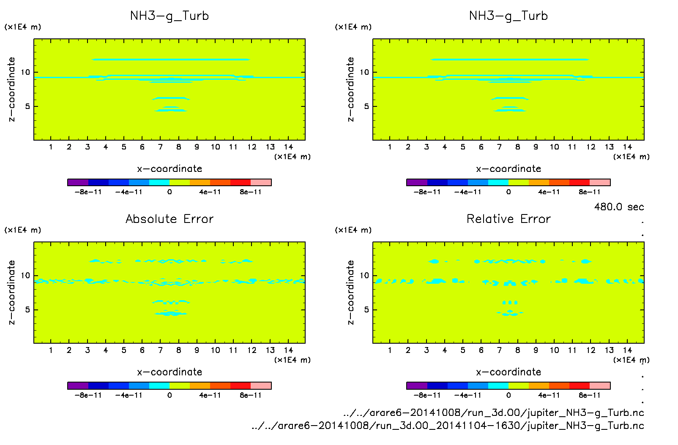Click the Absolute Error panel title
(x=169, y=219)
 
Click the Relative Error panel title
(x=508, y=219)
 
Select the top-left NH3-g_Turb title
(x=169, y=16)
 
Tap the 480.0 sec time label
(x=619, y=207)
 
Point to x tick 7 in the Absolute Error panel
(x=160, y=350)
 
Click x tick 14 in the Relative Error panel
(x=627, y=350)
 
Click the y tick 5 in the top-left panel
(x=27, y=106)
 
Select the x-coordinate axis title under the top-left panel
(x=169, y=169)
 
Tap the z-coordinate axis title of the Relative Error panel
(x=350, y=292)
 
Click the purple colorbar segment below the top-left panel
(x=78, y=182)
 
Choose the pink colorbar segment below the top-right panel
(x=600, y=182)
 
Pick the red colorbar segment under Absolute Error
(x=241, y=385)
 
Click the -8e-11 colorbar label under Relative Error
(x=427, y=395)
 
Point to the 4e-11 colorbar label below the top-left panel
(x=210, y=192)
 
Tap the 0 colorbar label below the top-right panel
(x=508, y=192)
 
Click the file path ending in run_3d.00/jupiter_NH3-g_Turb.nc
(x=494, y=412)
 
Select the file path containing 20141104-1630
(x=448, y=426)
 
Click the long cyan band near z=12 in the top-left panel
(x=171, y=60)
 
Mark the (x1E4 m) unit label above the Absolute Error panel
(x=23, y=230)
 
